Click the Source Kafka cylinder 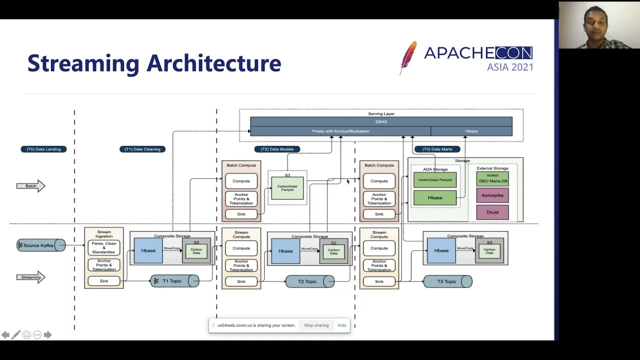40,245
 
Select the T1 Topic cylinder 174,281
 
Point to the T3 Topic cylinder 447,281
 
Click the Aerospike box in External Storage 492,195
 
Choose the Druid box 492,212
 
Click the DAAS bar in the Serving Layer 381,121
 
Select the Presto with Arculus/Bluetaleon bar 340,131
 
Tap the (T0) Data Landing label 43,149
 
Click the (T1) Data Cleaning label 142,149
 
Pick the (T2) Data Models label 277,149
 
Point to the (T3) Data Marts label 437,149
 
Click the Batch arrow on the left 31,186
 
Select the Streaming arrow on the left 31,277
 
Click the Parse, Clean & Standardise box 103,247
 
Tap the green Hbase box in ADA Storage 434,197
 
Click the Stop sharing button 316,325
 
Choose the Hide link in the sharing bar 341,325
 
